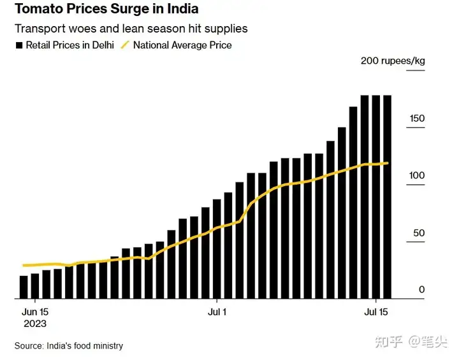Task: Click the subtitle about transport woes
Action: click(x=131, y=29)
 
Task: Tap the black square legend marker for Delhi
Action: click(x=19, y=46)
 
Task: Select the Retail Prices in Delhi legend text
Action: click(x=70, y=45)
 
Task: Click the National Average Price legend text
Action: click(x=182, y=45)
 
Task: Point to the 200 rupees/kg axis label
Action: click(x=393, y=61)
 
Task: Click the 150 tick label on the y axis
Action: click(x=417, y=119)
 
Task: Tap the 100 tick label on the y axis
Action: click(x=417, y=176)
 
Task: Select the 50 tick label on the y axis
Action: click(x=419, y=233)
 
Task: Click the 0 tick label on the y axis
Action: click(x=421, y=291)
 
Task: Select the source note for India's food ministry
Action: click(x=69, y=346)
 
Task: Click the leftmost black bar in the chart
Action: click(x=24, y=287)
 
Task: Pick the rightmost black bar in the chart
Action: click(x=387, y=197)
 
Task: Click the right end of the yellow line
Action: click(x=388, y=163)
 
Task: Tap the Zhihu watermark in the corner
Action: click(x=412, y=342)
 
